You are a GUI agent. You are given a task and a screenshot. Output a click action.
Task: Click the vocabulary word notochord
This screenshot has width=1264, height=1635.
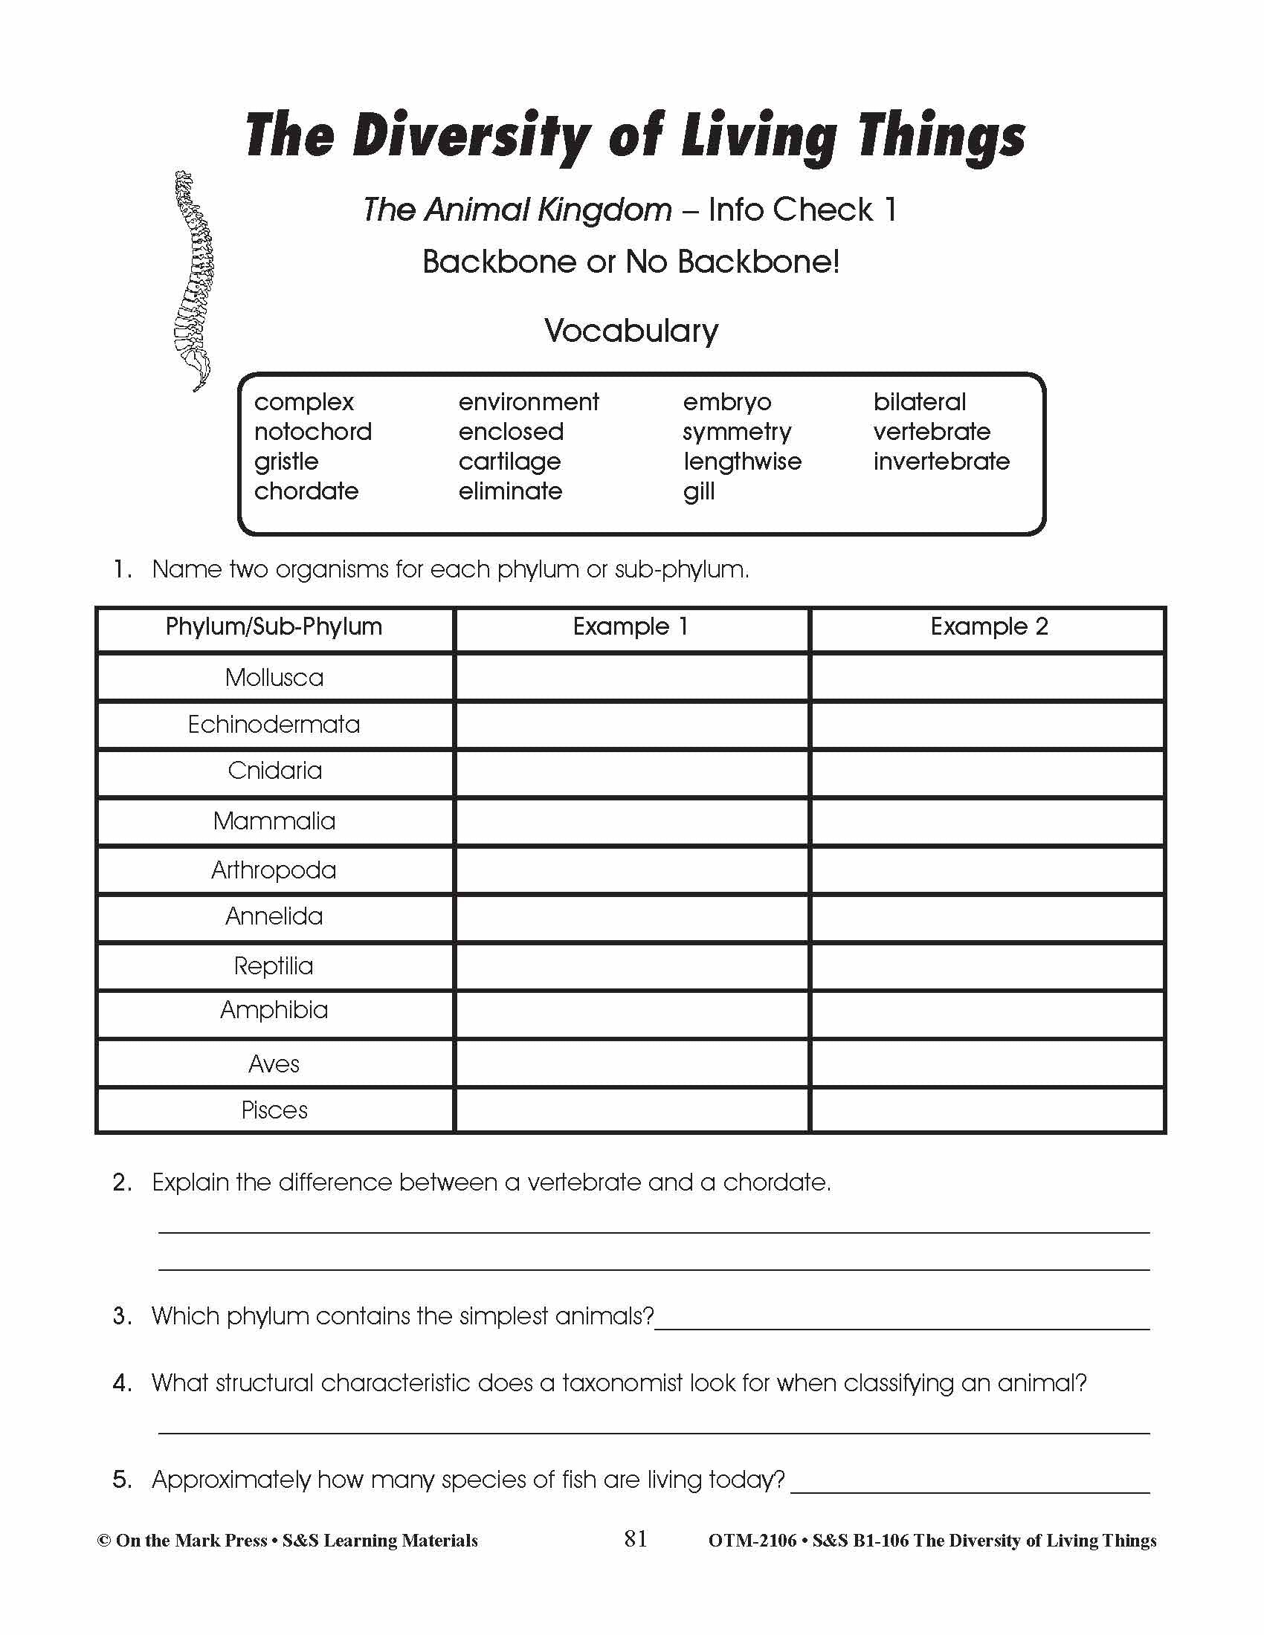312,432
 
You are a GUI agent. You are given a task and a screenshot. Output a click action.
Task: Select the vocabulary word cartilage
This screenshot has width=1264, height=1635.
509,462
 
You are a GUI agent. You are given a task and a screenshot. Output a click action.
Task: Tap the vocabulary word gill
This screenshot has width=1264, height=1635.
698,492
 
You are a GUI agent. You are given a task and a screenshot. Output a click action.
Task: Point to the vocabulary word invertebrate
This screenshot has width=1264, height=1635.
941,462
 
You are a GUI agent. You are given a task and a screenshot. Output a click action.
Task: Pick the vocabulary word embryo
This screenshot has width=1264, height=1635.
726,402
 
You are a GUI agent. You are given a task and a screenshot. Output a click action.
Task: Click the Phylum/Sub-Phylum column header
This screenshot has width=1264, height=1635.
274,627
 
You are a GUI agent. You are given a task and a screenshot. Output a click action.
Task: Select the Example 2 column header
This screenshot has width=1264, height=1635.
988,627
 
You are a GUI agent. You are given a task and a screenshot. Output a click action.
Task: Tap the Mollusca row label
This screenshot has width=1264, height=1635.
274,678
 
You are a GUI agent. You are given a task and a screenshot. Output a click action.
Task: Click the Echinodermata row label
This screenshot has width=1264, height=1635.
274,725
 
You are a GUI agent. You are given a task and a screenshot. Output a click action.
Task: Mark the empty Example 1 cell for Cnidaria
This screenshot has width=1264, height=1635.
631,771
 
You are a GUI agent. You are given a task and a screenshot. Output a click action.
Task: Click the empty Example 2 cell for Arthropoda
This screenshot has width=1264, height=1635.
987,870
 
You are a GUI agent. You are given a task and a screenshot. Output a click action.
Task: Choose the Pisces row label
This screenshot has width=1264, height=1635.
274,1110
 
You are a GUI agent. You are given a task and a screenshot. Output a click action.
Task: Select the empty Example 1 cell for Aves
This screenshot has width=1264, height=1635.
631,1063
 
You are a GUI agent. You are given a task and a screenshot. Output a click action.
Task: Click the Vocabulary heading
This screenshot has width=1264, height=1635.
631,331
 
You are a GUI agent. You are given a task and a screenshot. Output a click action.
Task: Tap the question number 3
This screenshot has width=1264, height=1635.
121,1315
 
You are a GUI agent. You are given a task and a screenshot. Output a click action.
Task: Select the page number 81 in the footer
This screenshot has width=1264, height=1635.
635,1538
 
